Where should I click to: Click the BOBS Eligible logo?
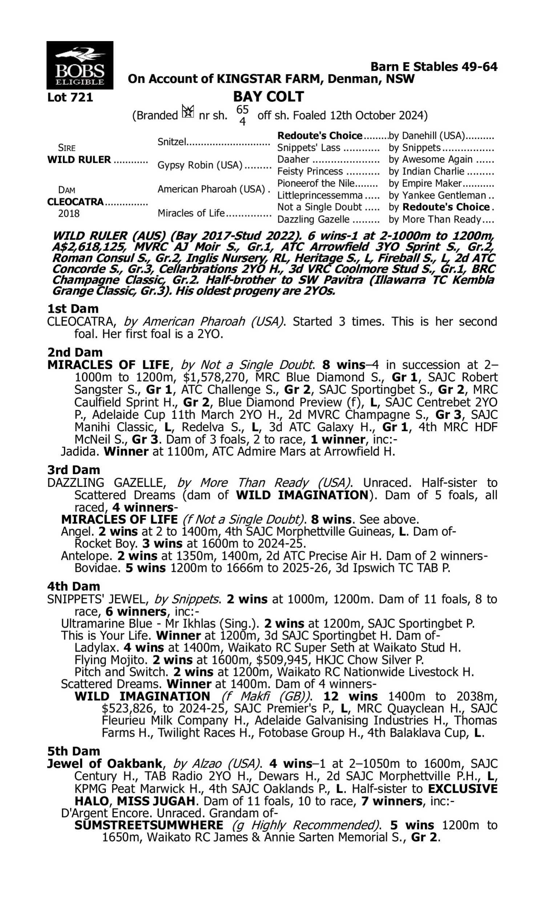coord(80,65)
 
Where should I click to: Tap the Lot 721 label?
coord(70,97)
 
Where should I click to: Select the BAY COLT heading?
coord(269,97)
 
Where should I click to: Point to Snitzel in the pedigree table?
coord(172,141)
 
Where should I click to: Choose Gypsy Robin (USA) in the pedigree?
coord(200,165)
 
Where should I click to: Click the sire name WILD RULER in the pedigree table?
coord(79,160)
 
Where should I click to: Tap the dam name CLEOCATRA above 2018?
coord(75,202)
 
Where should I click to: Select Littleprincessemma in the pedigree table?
coord(320,196)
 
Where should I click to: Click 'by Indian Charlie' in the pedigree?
coord(427,172)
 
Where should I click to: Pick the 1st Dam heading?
coord(73,309)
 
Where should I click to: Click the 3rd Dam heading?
coord(73,470)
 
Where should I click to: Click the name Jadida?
coord(79,451)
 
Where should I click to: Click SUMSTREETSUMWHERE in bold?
coord(149,825)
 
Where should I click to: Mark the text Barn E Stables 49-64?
coord(434,67)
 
